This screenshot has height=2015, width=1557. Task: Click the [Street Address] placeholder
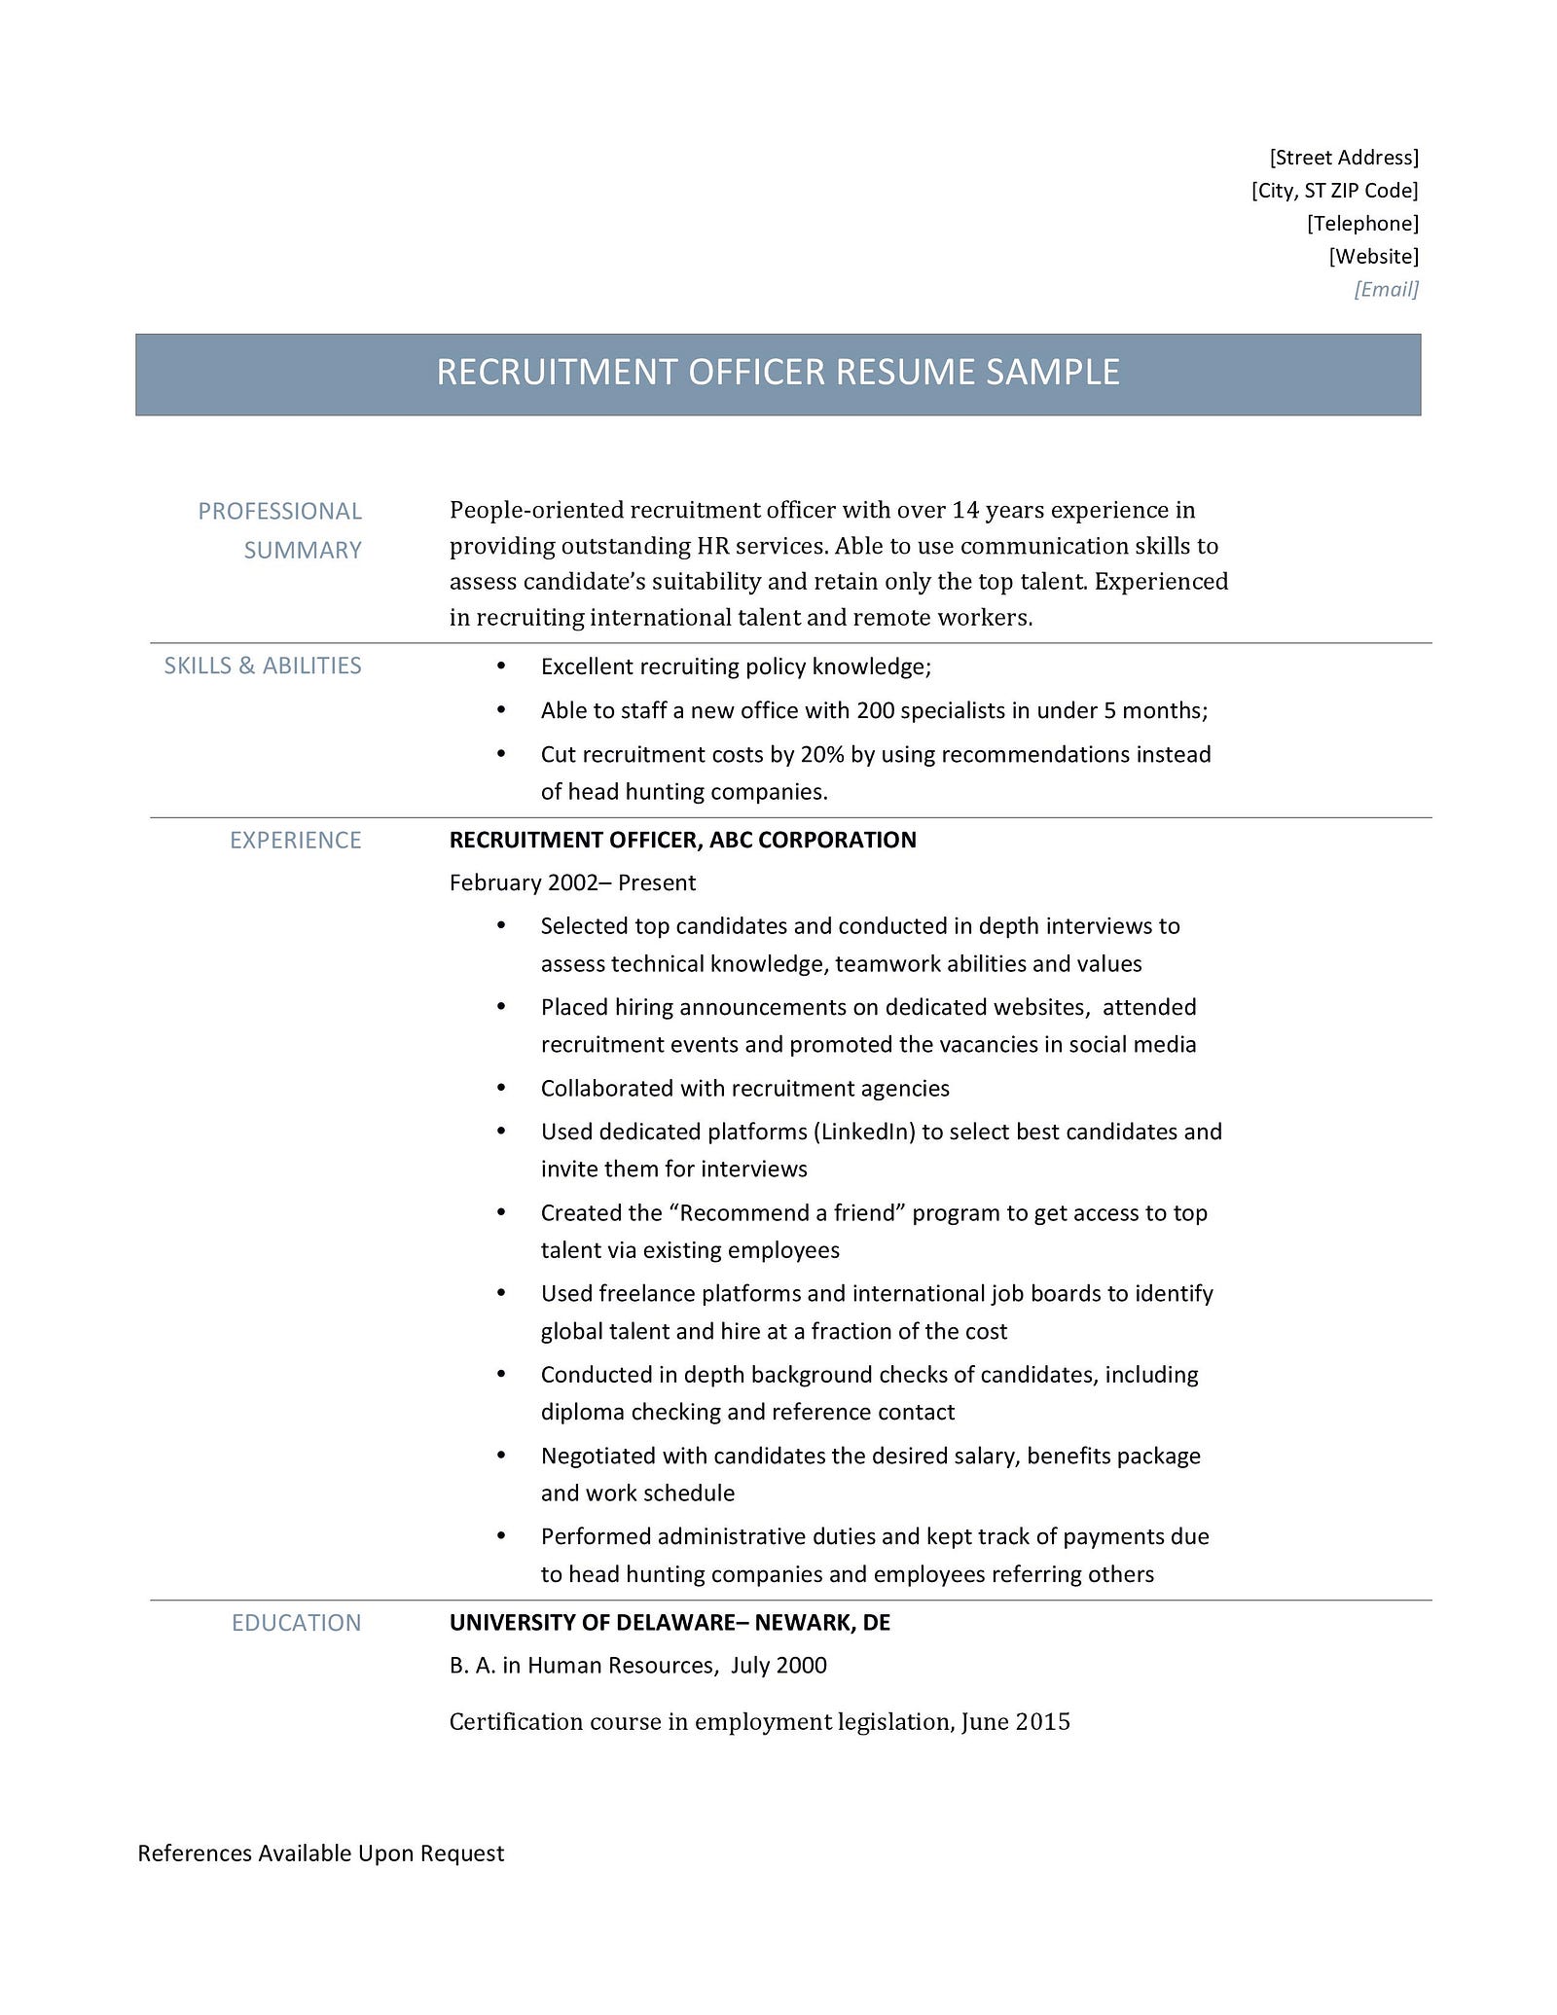click(1344, 158)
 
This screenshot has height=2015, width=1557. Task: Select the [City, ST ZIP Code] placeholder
click(1334, 191)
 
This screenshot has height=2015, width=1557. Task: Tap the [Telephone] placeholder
click(1362, 224)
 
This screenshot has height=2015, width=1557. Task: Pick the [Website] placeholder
click(1373, 257)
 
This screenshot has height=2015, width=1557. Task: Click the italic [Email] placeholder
click(1386, 289)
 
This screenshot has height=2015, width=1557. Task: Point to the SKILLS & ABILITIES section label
click(263, 666)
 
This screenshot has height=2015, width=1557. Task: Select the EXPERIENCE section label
click(295, 840)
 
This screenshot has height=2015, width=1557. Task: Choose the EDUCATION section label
click(296, 1623)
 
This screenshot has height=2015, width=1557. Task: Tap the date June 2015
click(1015, 1722)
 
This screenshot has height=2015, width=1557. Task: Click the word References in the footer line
click(195, 1853)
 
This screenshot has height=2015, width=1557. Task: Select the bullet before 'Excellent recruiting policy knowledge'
click(501, 666)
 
